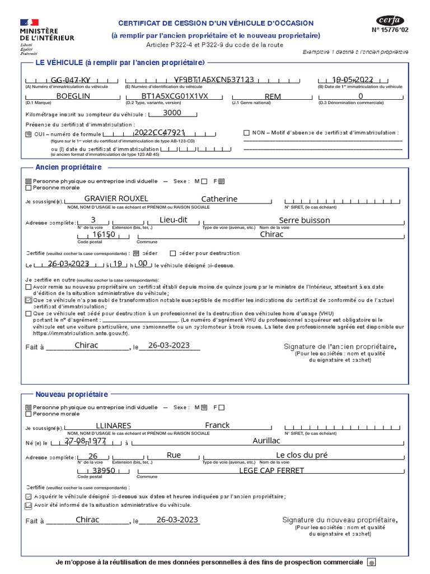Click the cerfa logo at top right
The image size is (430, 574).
[x=390, y=21]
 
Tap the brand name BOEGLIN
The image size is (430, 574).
[x=73, y=96]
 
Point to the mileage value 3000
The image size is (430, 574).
[x=172, y=113]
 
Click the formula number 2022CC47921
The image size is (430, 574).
[x=160, y=133]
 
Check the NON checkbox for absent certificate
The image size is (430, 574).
[x=246, y=133]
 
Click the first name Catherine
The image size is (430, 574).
[x=219, y=199]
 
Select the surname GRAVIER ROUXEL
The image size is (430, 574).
[x=116, y=199]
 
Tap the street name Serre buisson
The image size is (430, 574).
[x=304, y=220]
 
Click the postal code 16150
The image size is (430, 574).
[x=104, y=234]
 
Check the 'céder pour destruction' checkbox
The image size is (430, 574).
[x=173, y=253]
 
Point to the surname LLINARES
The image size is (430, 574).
[x=114, y=426]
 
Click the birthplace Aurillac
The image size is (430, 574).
[x=266, y=441]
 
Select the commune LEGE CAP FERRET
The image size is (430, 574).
[x=272, y=470]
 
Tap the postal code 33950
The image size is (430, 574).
[x=104, y=470]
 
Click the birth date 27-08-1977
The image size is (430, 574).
[x=85, y=441]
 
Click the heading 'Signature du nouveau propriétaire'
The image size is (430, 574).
[x=340, y=521]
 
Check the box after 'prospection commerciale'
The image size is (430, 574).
[x=372, y=562]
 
